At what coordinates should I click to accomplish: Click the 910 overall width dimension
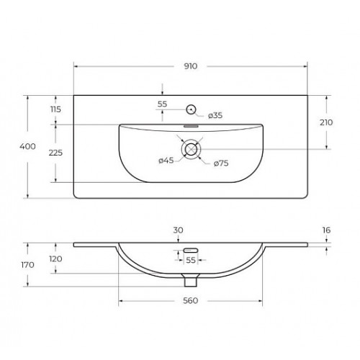point(191,66)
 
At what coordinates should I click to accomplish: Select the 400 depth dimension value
point(27,146)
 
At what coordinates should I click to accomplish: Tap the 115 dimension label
point(55,109)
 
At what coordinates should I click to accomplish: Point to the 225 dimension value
point(55,153)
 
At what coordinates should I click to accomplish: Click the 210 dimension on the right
point(326,122)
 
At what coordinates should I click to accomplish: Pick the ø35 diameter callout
point(215,115)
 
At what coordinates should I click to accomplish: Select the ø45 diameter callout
point(166,160)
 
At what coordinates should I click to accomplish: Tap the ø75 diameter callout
point(221,163)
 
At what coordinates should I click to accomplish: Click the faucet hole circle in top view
point(191,109)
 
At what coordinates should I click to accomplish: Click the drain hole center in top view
point(191,149)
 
